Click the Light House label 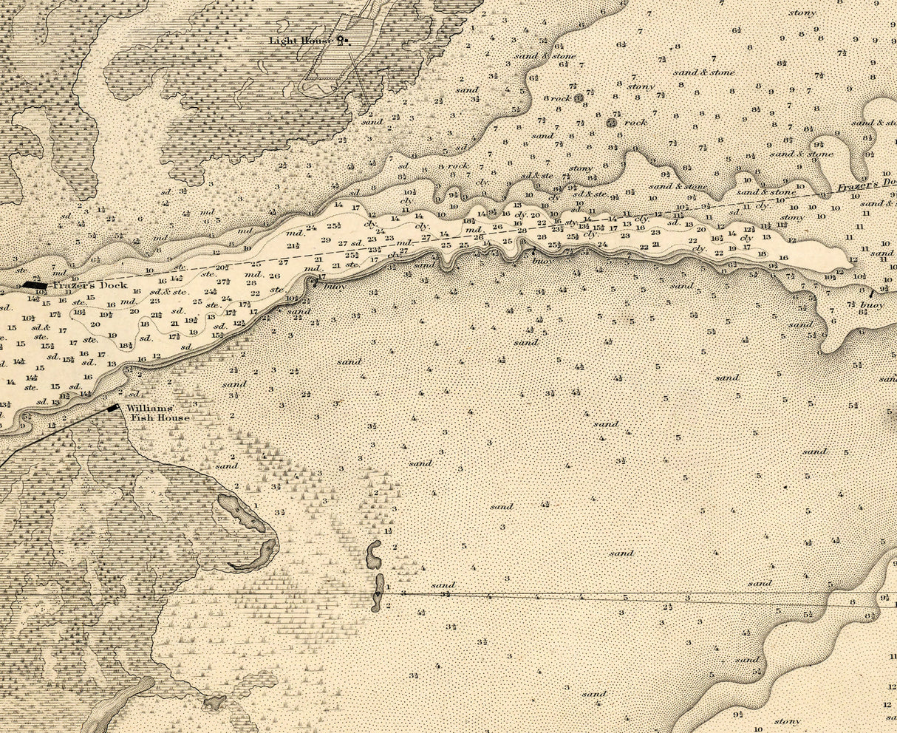click(x=300, y=40)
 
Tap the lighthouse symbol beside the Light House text click(x=341, y=39)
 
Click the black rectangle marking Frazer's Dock click(x=35, y=284)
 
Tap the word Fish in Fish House click(x=141, y=418)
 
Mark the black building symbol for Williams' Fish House click(x=113, y=408)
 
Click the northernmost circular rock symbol click(x=579, y=97)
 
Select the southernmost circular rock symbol click(x=611, y=122)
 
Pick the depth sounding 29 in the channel click(x=326, y=240)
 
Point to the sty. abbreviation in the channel click(x=570, y=222)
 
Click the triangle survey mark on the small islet click(x=378, y=593)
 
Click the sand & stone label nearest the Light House click(x=555, y=55)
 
